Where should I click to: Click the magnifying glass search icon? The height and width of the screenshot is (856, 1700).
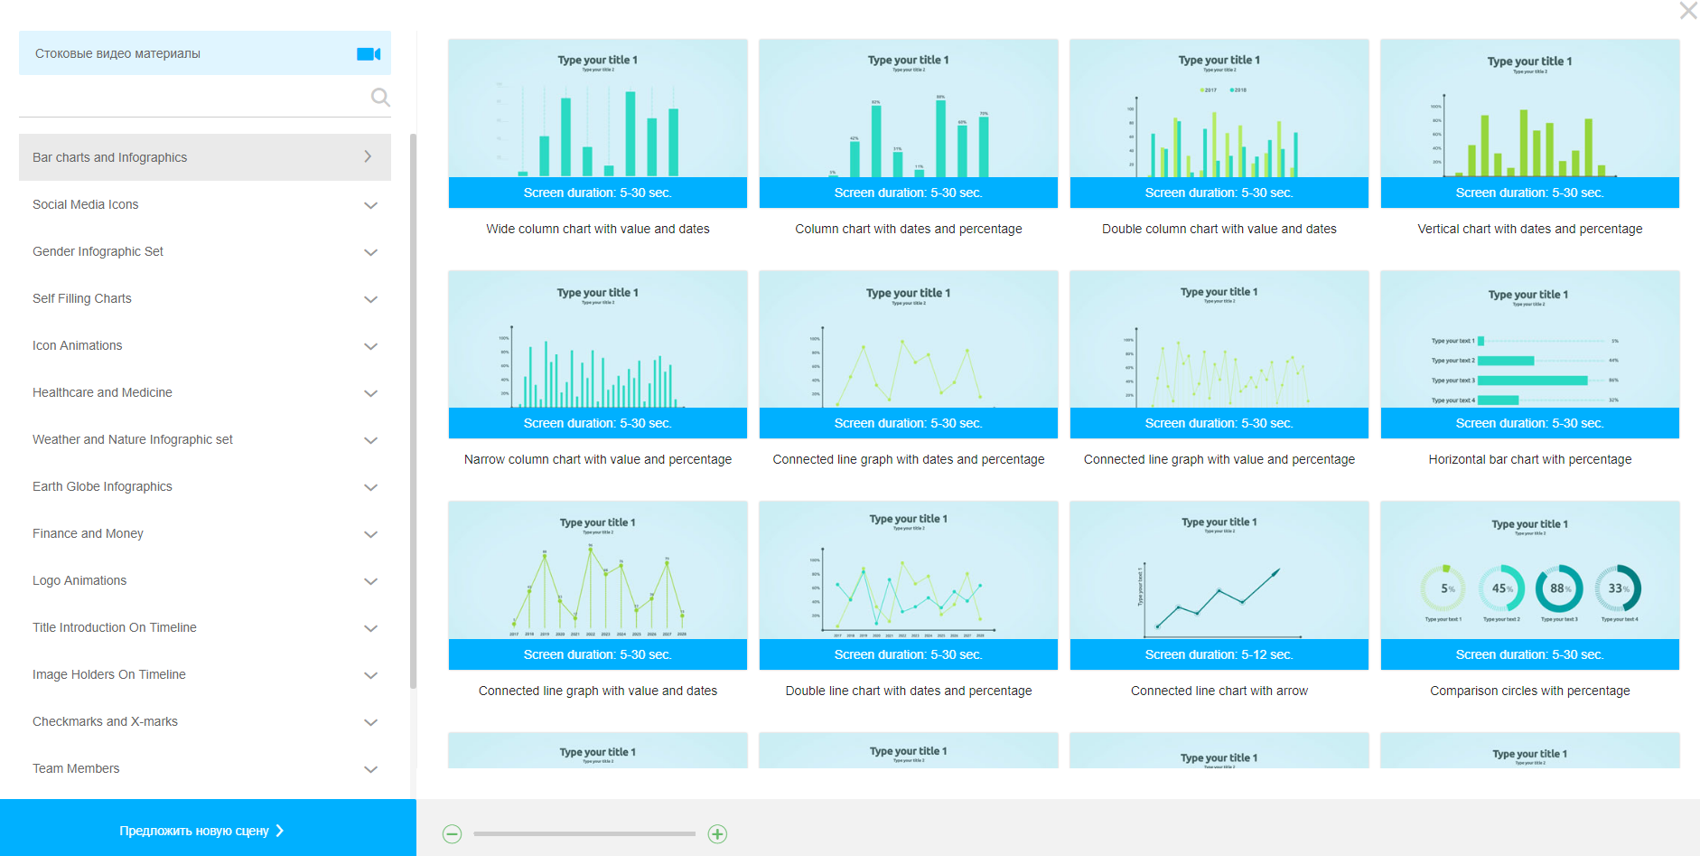380,97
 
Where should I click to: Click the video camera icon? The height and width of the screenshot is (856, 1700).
369,54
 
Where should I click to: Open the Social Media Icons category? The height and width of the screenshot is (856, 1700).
86,204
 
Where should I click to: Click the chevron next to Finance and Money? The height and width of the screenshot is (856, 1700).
370,534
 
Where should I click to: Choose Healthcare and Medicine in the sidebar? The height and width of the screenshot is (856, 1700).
102,392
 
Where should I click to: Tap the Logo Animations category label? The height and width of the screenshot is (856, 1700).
79,580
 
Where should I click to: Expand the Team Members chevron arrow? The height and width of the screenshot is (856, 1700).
370,769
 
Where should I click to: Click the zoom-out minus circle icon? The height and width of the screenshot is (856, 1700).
453,834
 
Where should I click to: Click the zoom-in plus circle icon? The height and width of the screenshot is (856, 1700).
717,834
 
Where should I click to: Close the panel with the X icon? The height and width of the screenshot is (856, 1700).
1687,11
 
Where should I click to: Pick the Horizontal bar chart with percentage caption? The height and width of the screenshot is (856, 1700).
1529,459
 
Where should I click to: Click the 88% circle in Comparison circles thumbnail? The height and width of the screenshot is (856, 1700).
1559,588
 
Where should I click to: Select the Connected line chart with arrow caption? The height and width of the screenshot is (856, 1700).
1219,691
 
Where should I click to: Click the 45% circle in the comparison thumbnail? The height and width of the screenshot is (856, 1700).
1501,588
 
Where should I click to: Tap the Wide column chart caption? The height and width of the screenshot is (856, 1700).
597,229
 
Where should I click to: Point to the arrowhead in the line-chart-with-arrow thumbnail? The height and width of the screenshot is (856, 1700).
1275,572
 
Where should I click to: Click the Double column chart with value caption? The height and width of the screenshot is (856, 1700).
1219,229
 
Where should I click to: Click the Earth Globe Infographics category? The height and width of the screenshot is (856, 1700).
102,486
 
